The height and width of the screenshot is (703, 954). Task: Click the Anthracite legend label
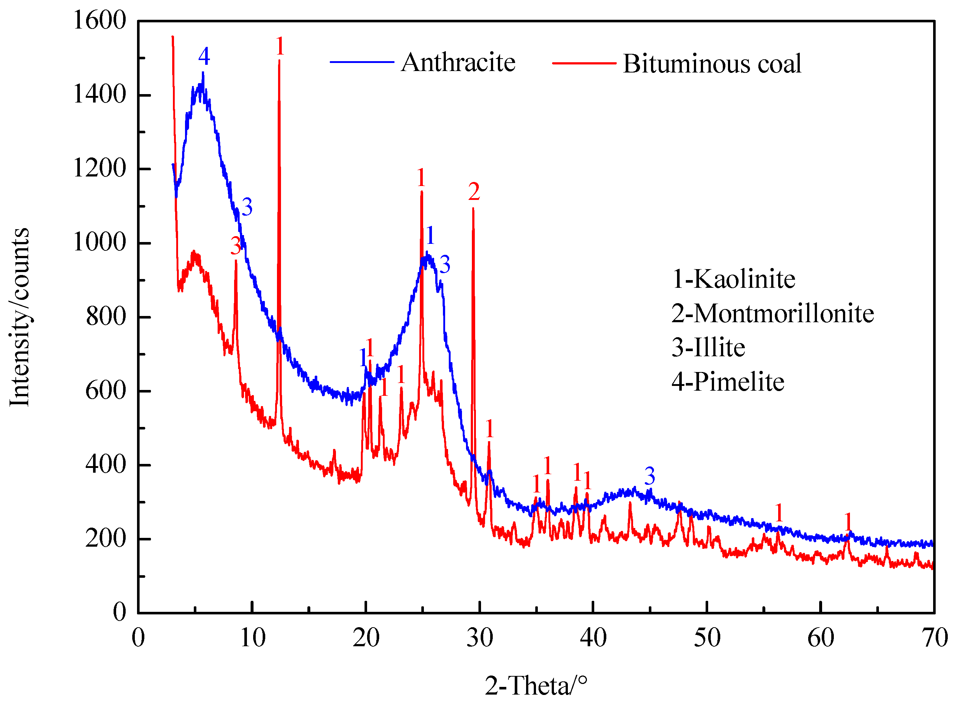pyautogui.click(x=458, y=63)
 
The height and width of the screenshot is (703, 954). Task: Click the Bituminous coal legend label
pyautogui.click(x=712, y=64)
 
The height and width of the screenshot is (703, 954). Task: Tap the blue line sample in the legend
pyautogui.click(x=362, y=62)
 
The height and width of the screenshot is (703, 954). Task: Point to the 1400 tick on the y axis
pyautogui.click(x=100, y=94)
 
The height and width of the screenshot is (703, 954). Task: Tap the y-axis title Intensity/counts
pyautogui.click(x=19, y=317)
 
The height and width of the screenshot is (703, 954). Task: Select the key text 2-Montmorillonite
pyautogui.click(x=772, y=314)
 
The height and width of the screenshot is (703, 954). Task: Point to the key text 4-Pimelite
pyautogui.click(x=728, y=382)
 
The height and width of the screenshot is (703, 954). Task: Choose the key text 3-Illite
pyautogui.click(x=708, y=348)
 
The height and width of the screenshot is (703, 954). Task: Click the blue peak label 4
pyautogui.click(x=204, y=56)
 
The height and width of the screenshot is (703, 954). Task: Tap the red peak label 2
pyautogui.click(x=474, y=191)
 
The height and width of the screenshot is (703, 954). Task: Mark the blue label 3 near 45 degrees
pyautogui.click(x=649, y=476)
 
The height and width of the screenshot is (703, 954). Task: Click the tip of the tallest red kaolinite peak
pyautogui.click(x=279, y=61)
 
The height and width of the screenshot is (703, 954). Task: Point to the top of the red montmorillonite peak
pyautogui.click(x=473, y=208)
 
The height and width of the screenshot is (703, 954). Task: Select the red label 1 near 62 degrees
pyautogui.click(x=848, y=522)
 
